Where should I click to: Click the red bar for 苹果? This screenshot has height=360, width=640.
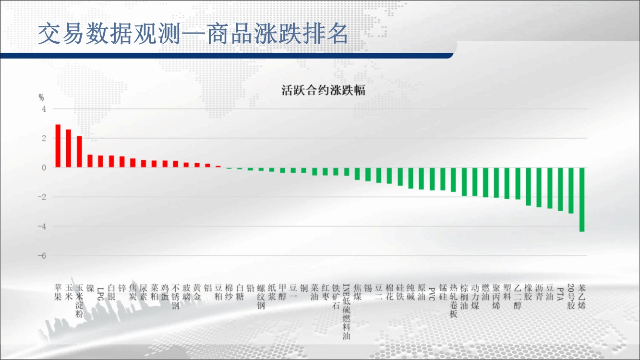[58, 146]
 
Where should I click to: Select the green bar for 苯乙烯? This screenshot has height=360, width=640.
[582, 199]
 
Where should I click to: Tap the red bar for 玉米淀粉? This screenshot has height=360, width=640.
[79, 152]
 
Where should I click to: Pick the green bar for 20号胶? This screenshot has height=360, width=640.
[571, 191]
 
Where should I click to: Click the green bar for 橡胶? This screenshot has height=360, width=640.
[528, 187]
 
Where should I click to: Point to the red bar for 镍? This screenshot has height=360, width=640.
[90, 161]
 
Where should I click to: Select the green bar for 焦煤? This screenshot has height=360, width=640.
[357, 174]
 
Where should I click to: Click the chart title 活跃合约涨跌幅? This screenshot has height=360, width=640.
[323, 90]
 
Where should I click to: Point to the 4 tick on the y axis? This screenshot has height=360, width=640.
[44, 109]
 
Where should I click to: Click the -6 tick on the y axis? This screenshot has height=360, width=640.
[42, 256]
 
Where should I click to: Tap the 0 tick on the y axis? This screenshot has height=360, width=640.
[44, 168]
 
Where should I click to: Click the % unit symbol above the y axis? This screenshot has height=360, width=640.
[41, 98]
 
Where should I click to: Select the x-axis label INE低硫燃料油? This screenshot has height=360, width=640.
[346, 312]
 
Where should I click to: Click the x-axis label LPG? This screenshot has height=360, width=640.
[100, 292]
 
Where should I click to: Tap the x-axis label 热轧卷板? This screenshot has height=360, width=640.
[453, 301]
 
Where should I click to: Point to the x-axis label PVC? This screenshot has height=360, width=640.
[432, 292]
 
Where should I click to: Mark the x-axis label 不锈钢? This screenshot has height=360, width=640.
[175, 297]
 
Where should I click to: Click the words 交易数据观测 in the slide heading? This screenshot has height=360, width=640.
[109, 34]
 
